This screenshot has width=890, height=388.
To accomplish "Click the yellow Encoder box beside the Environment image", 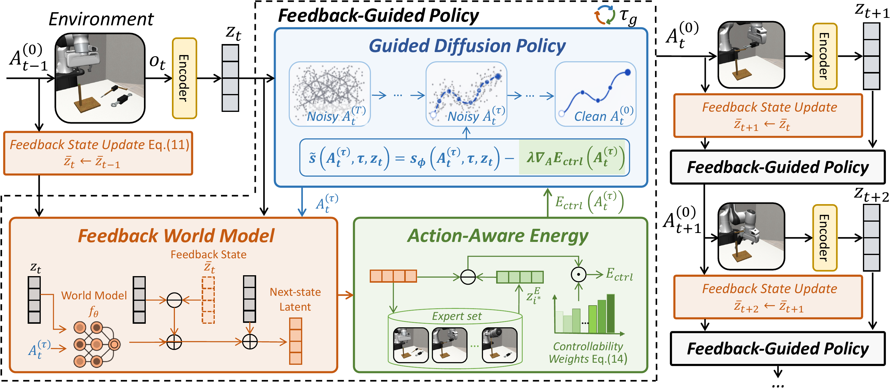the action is [x=184, y=79].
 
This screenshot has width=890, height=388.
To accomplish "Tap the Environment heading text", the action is [x=101, y=19].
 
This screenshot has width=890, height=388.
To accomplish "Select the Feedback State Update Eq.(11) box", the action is [x=98, y=153].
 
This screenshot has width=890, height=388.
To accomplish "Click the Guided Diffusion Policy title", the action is [x=467, y=46].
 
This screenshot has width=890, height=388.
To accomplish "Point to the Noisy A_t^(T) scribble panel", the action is [x=330, y=94].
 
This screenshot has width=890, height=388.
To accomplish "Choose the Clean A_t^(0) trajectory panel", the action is [x=595, y=94].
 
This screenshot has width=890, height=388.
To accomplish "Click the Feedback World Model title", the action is [x=176, y=236].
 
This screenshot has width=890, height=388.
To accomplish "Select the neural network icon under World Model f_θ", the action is [x=96, y=344].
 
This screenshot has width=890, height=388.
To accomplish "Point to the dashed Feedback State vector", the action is [x=208, y=300].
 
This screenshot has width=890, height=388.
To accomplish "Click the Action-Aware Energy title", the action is [x=498, y=236].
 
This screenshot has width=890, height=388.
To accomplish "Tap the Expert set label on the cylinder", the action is [x=456, y=316].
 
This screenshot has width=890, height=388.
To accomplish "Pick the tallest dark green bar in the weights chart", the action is [x=610, y=313].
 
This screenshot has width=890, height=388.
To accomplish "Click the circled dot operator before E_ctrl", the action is [x=578, y=275].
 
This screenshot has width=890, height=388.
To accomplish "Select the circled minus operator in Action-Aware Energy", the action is [x=468, y=277].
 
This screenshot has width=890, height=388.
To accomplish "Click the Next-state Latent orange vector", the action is [x=295, y=341].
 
